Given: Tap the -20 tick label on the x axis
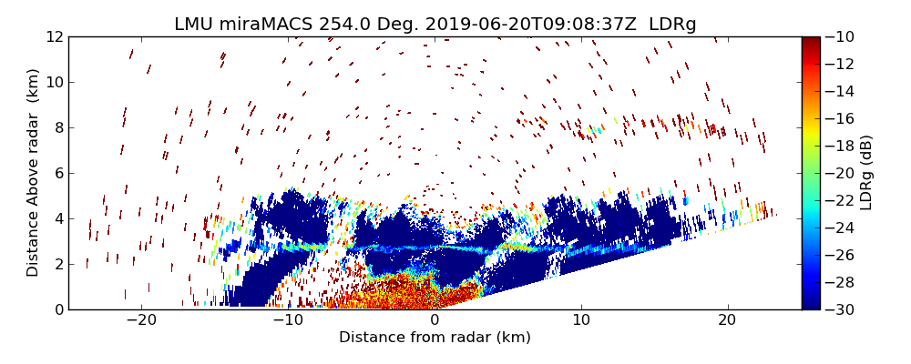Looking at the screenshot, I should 140,320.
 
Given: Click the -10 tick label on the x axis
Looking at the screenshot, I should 287,320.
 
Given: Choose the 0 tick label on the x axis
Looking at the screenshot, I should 435,320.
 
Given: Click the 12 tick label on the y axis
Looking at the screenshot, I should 54,36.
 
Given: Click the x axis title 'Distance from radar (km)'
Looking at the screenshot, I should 435,338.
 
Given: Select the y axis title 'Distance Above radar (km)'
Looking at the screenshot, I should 33,173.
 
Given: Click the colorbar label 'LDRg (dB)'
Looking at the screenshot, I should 865,173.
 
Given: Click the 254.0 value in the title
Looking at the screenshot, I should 344,25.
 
